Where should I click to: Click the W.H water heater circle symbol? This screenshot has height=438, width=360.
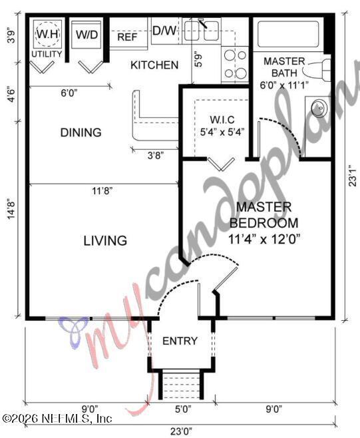pyautogui.click(x=47, y=33)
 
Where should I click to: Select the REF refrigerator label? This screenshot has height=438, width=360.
pyautogui.click(x=127, y=37)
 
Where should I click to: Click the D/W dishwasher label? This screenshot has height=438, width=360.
pyautogui.click(x=163, y=30)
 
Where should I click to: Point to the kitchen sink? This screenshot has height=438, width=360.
pyautogui.click(x=202, y=31)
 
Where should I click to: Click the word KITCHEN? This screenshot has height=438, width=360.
pyautogui.click(x=154, y=65)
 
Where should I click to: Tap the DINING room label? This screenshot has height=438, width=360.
pyautogui.click(x=81, y=132)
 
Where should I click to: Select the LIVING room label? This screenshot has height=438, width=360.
pyautogui.click(x=105, y=240)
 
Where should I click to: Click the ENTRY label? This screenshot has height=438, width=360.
pyautogui.click(x=180, y=341)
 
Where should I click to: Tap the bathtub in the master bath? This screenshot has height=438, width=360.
pyautogui.click(x=289, y=34)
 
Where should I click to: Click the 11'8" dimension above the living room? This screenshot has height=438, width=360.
pyautogui.click(x=102, y=190)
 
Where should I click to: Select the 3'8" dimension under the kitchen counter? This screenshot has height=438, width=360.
pyautogui.click(x=154, y=154)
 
